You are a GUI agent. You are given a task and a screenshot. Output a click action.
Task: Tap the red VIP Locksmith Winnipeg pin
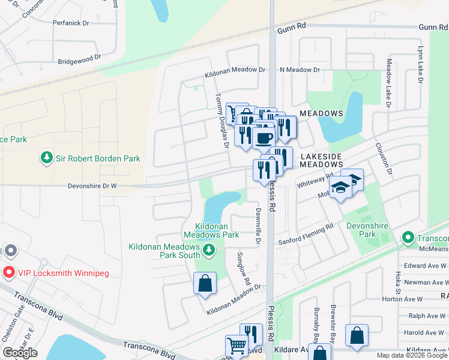point(8,273)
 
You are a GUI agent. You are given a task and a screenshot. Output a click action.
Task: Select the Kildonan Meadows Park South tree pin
point(208,250)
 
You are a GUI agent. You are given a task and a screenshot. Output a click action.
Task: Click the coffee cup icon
point(263,137)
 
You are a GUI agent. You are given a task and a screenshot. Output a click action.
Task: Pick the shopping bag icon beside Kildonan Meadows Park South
point(205,283)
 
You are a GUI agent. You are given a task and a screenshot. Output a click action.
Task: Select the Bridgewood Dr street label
point(82,61)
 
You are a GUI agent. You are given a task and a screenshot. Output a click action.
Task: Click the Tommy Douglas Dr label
point(223,120)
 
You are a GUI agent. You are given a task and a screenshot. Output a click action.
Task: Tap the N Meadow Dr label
point(300,70)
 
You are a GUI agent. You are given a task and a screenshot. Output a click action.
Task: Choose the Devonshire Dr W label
point(86,186)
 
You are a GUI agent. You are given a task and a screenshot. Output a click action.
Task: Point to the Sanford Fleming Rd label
point(305,235)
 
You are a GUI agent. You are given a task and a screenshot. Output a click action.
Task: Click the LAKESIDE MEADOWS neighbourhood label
point(321,160)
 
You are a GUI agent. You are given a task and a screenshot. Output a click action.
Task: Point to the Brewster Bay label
point(335,329)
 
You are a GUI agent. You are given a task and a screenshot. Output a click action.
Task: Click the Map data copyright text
point(412,355)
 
